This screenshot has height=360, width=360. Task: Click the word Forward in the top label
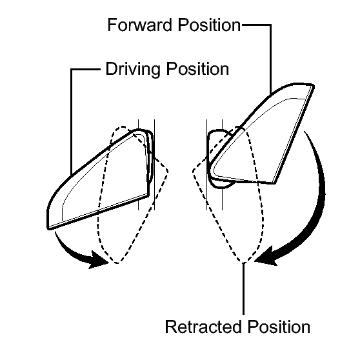pos(139,25)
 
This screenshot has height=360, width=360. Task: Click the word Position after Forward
pos(210,25)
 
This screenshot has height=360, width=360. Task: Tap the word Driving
pos(133,69)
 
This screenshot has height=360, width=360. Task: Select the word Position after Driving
pos(197,69)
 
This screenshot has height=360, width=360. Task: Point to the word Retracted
pos(203,326)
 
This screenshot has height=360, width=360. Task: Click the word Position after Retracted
pos(279,326)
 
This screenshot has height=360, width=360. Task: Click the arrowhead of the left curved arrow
pos(98,260)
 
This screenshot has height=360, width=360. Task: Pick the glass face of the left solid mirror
pos(103,179)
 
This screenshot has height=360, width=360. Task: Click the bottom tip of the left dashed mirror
pos(117,263)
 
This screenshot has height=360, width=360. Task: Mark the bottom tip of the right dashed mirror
pos(243,262)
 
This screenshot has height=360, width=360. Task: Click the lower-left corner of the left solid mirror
pos(48,228)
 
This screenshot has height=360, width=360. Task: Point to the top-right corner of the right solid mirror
pos(313,86)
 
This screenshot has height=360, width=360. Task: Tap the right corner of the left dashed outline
pos(168,171)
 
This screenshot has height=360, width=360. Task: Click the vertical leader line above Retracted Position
pos(243,289)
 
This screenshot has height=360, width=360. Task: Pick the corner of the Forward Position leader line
pos(271,25)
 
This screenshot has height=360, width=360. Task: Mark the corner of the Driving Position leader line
pos(72,69)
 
